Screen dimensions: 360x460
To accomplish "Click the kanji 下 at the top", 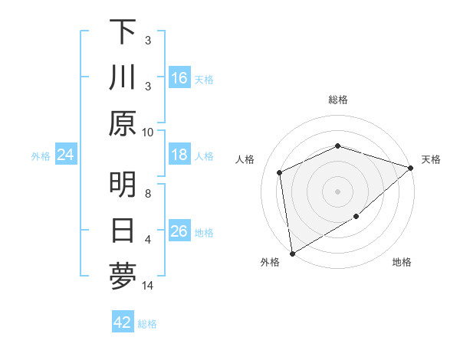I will pos(123,32).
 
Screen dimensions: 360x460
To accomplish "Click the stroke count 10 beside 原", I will pos(148,131).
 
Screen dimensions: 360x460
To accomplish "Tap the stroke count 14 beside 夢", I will pos(148,286).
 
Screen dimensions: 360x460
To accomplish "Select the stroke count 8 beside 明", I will pos(148,194).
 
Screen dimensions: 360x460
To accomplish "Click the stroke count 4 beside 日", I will pos(148,240).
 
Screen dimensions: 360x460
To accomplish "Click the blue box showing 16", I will pos(179,78).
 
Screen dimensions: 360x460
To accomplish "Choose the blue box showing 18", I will pos(179,155).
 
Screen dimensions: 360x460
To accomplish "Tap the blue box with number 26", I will pos(179,231).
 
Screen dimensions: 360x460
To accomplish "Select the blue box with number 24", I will pos(65,155).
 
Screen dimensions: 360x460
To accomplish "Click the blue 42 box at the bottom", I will pos(123,322).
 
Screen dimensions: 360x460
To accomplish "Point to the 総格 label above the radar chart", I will pos(338,100).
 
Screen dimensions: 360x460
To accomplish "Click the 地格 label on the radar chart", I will pos(402,263).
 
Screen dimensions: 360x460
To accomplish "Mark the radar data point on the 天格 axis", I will pos(411,168).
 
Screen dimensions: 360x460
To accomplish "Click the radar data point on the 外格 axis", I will pos(292,253).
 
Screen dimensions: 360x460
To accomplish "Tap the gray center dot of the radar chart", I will pos(338,191).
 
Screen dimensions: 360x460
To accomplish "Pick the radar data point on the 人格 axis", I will pos(280,172).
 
